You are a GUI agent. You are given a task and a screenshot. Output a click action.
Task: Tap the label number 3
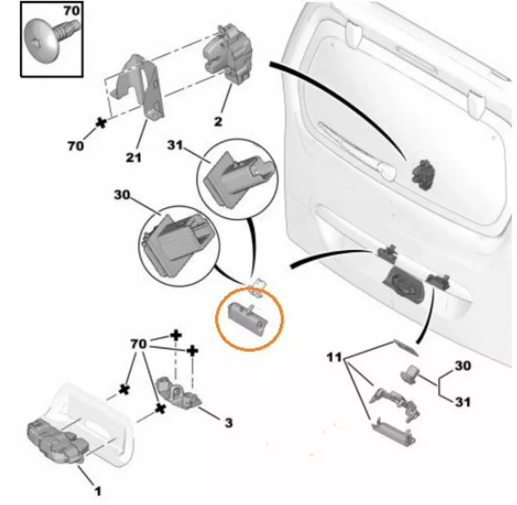[228, 423]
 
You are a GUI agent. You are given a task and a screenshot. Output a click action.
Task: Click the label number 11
[335, 357]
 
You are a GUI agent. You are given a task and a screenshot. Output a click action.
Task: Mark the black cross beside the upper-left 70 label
[101, 122]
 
